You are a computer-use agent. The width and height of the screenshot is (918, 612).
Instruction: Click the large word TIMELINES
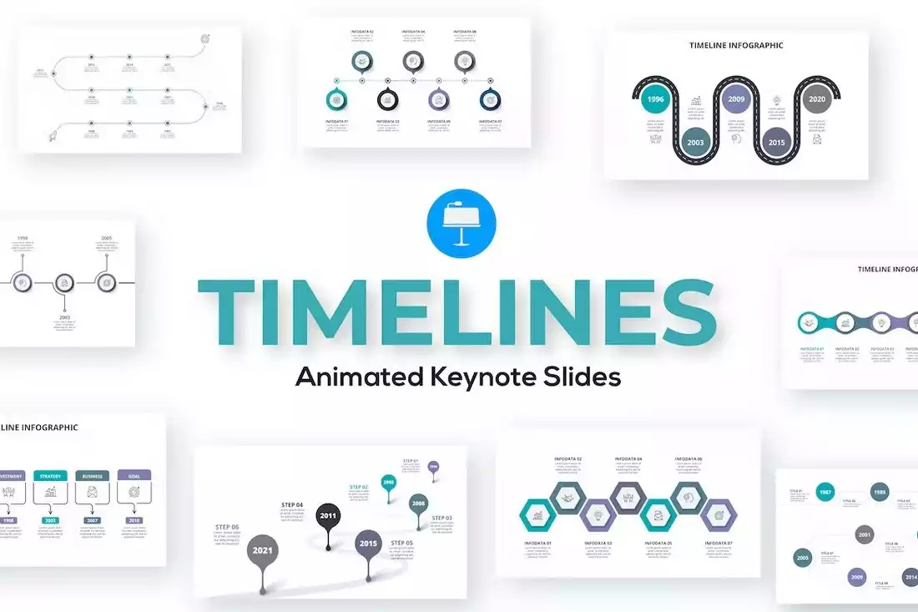[456, 311]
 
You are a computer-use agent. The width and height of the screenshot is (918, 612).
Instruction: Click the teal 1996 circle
[656, 99]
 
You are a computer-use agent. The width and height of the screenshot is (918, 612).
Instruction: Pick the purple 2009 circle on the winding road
[736, 99]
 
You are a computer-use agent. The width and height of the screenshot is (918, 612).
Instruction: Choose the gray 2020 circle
[817, 99]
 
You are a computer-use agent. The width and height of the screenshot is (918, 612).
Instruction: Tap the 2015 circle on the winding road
[776, 143]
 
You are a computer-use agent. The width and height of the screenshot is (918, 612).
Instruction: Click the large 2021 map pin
[264, 551]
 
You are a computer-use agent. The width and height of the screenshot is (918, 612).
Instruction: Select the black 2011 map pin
[328, 516]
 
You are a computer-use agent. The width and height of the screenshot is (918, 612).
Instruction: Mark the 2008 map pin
[419, 503]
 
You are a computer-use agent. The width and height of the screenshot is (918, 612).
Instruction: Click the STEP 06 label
[227, 527]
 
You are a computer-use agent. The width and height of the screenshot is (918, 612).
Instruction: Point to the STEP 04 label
[292, 504]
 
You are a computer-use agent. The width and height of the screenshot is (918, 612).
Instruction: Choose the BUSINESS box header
[93, 476]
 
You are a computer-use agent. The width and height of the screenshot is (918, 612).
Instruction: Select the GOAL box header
[134, 476]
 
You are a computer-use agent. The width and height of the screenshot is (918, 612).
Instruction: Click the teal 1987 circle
[825, 493]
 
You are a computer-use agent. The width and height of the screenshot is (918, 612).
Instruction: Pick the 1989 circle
[880, 493]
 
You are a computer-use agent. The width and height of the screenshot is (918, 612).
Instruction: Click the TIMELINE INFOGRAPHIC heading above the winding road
[736, 45]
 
